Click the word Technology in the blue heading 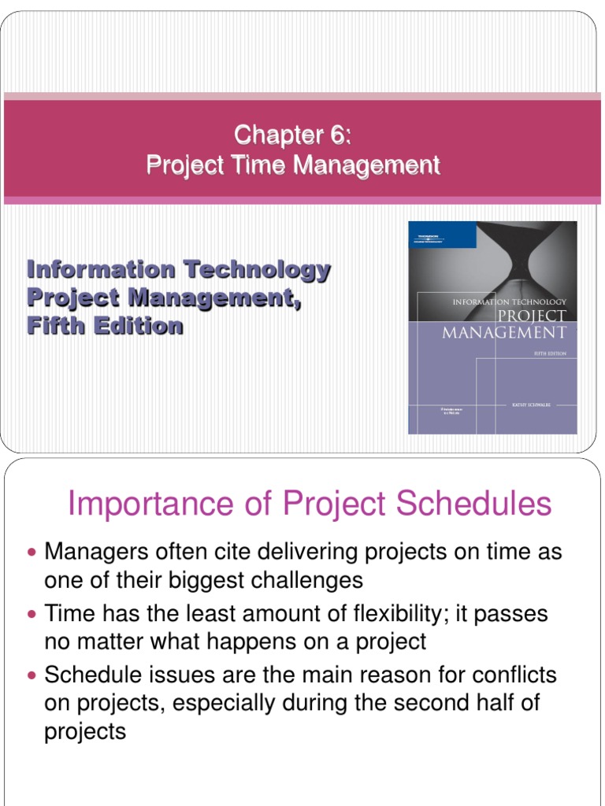point(257,270)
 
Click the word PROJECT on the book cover point(533,315)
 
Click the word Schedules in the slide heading point(473,505)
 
